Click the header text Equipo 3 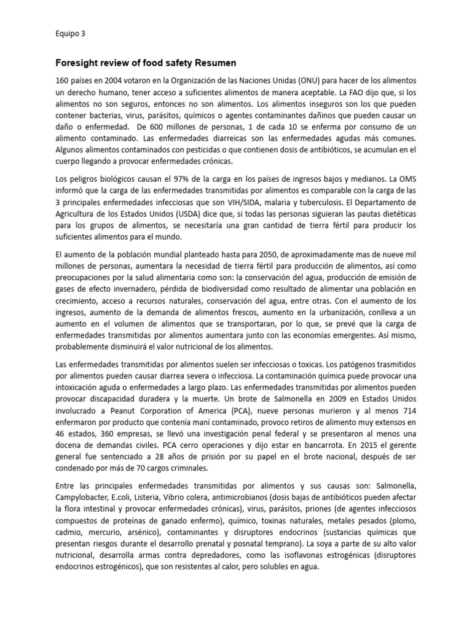[69, 34]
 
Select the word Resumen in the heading [214, 63]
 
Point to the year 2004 [111, 82]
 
